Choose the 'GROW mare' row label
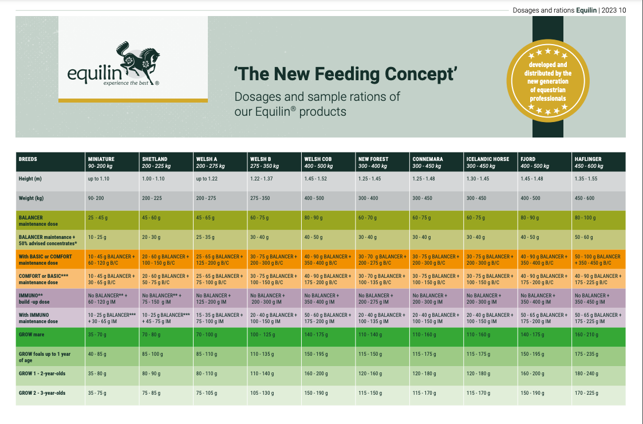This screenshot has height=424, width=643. (x=31, y=335)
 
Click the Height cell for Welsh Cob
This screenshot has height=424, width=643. (x=315, y=179)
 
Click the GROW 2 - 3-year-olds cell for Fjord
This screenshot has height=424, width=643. (x=532, y=393)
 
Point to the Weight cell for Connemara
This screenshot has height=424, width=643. (x=423, y=198)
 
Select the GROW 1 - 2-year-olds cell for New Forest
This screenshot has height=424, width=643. (x=370, y=374)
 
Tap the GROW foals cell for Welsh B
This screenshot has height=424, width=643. (x=263, y=354)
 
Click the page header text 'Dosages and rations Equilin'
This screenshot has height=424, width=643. (x=554, y=10)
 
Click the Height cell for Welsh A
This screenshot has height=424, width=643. (x=207, y=179)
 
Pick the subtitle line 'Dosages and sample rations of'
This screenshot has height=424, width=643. (x=317, y=96)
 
